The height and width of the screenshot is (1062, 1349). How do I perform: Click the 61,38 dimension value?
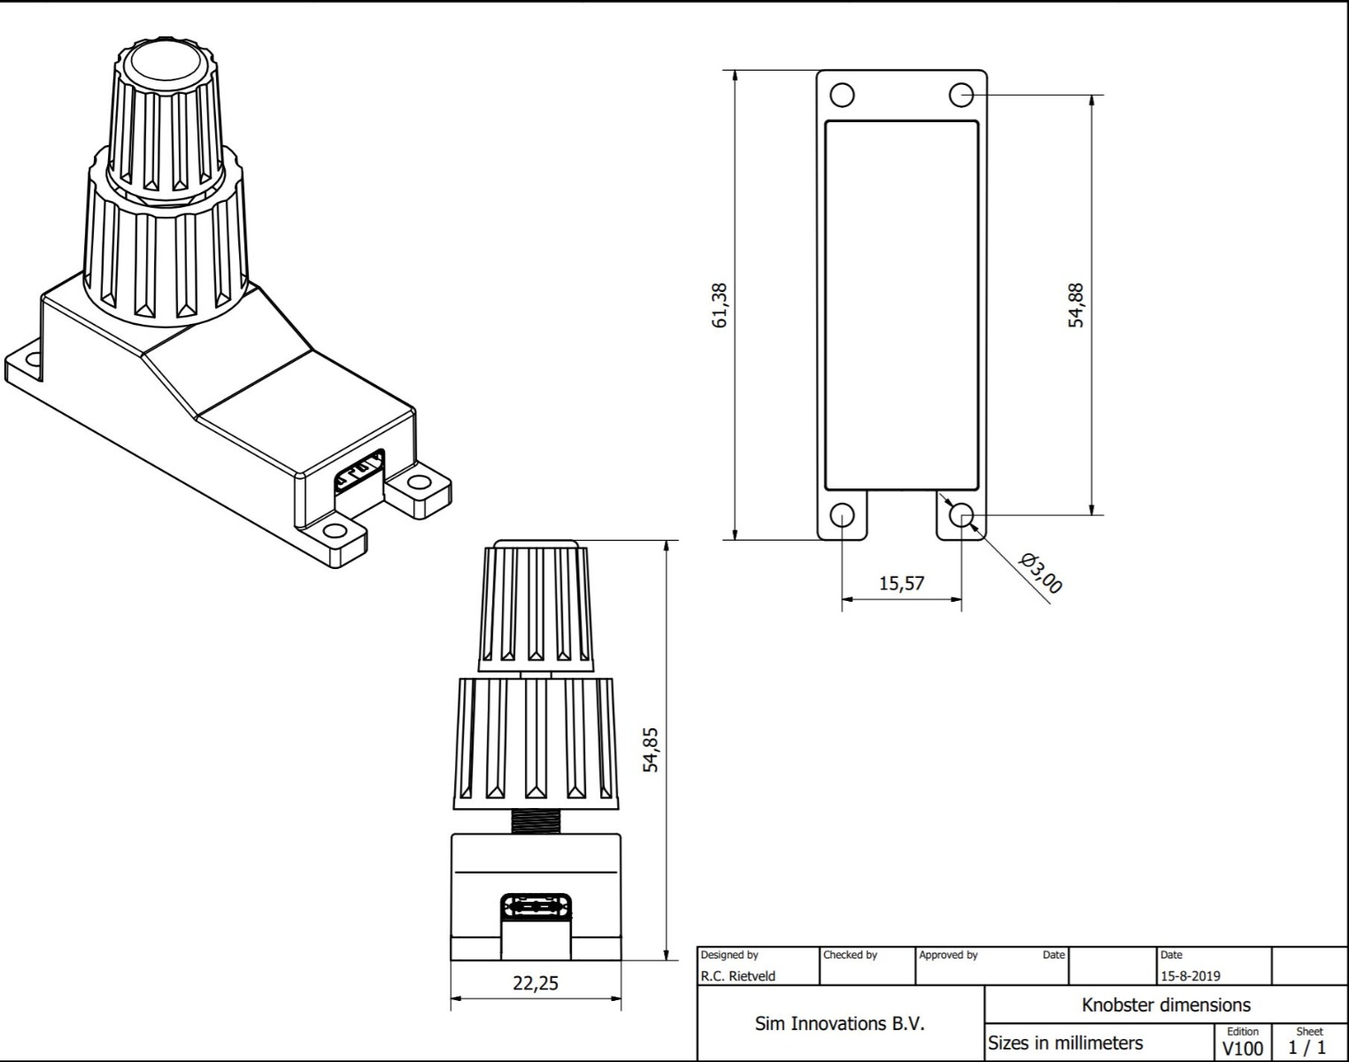click(x=720, y=305)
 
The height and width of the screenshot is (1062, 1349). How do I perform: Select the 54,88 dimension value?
click(x=1075, y=305)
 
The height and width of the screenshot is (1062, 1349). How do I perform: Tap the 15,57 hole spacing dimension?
click(x=901, y=583)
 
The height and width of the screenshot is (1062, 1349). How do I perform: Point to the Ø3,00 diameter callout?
click(x=1040, y=573)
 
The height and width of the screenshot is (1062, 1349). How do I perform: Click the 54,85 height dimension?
click(x=651, y=750)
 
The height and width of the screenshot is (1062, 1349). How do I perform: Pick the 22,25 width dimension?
click(x=536, y=983)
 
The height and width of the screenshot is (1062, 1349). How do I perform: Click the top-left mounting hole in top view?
click(x=842, y=95)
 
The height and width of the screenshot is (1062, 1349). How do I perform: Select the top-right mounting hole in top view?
click(x=961, y=95)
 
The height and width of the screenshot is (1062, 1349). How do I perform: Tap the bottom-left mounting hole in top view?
click(x=842, y=515)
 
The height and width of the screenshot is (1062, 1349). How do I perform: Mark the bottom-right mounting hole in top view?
click(x=961, y=515)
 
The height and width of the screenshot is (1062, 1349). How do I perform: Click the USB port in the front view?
click(x=536, y=907)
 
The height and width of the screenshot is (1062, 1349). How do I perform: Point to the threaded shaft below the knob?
click(x=536, y=820)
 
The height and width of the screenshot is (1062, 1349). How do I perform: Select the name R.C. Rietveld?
click(x=738, y=976)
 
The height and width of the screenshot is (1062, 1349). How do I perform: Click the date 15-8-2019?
click(x=1190, y=976)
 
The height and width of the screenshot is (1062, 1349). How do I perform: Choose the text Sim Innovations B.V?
click(x=839, y=1024)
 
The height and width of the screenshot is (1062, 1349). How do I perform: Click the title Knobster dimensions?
click(x=1166, y=1005)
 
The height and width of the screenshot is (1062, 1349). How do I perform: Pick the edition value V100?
click(x=1242, y=1049)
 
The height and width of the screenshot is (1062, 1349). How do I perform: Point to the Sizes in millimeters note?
click(x=1065, y=1043)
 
